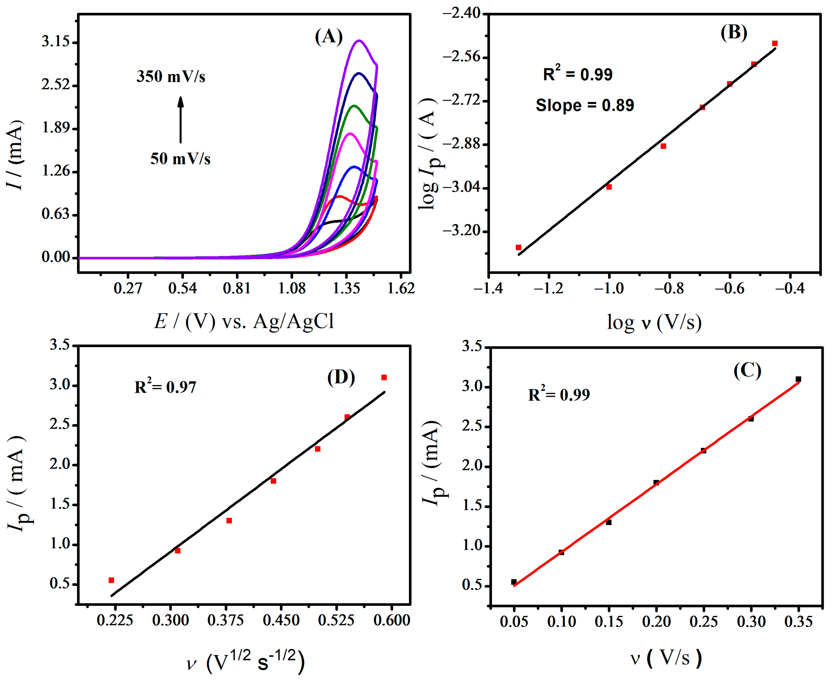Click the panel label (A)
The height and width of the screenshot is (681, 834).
click(x=328, y=37)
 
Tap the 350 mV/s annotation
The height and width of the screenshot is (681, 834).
click(x=171, y=77)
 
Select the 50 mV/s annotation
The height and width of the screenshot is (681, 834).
click(x=180, y=159)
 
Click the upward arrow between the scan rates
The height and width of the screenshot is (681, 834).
click(x=180, y=120)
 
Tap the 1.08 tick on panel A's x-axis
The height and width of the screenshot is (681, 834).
click(x=292, y=288)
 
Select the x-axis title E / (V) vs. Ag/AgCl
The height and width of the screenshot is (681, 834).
click(x=244, y=322)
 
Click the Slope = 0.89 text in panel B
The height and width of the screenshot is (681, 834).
click(x=584, y=105)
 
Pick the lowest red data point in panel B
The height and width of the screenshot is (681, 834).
click(x=518, y=247)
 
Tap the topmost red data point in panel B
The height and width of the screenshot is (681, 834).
click(x=774, y=43)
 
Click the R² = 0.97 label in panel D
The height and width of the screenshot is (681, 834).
click(x=165, y=387)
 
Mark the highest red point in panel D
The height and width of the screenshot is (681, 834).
click(x=384, y=377)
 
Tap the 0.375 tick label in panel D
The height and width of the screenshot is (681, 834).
click(x=225, y=620)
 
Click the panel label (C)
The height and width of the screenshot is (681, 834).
click(x=747, y=371)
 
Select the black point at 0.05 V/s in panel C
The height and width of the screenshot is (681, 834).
click(x=514, y=582)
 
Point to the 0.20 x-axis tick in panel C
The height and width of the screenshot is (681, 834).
click(x=656, y=622)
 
